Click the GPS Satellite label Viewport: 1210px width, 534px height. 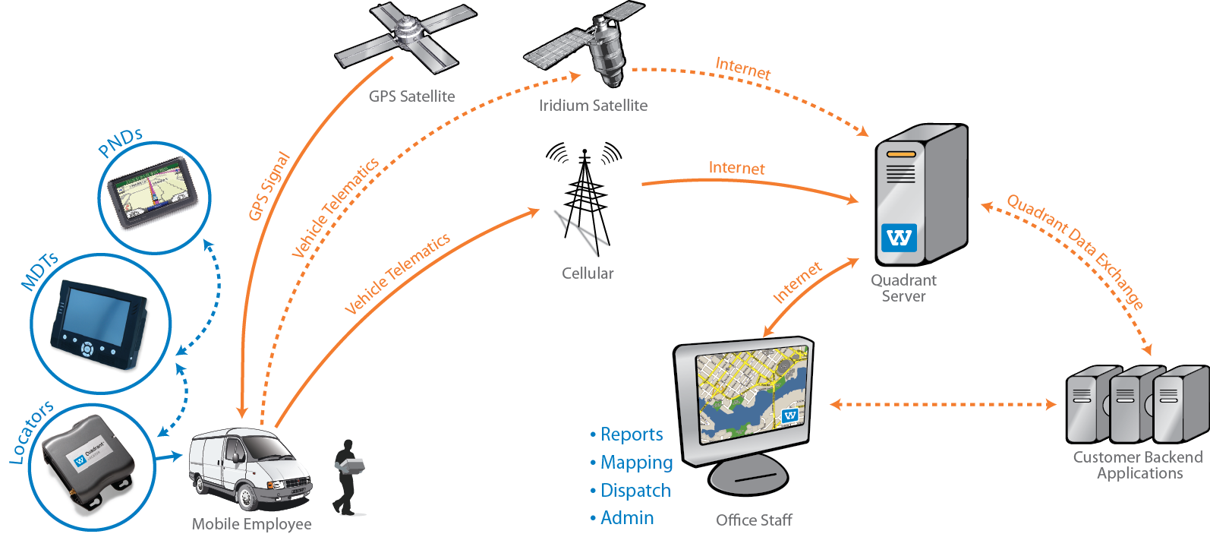[411, 96]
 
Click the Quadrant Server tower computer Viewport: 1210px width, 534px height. [920, 194]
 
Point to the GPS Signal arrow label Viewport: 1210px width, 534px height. [269, 187]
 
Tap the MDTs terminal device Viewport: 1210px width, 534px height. [99, 325]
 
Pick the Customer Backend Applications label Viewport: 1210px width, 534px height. [1138, 465]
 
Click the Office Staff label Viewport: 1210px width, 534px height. [754, 520]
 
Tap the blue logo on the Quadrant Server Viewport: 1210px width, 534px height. [899, 238]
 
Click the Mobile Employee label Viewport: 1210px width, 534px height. [251, 524]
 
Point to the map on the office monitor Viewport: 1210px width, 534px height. [752, 395]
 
